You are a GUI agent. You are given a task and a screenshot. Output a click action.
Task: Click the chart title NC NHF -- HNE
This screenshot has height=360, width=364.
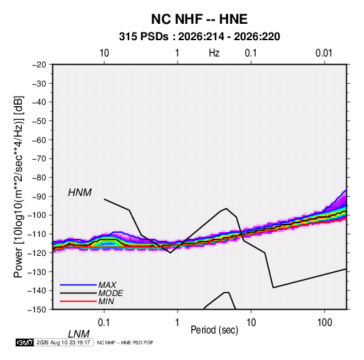pyautogui.click(x=199, y=19)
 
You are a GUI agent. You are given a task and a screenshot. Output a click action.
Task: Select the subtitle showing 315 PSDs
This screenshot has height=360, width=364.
pyautogui.click(x=199, y=37)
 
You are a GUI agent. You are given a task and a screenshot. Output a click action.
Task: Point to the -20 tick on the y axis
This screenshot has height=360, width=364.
pyautogui.click(x=39, y=65)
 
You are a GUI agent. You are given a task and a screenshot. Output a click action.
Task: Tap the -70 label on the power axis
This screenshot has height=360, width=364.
pyautogui.click(x=39, y=159)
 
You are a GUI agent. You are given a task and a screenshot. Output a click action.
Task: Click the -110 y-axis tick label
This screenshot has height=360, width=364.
pyautogui.click(x=37, y=234)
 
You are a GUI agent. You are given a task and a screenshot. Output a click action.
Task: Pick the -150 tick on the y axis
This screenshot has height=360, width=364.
pyautogui.click(x=37, y=310)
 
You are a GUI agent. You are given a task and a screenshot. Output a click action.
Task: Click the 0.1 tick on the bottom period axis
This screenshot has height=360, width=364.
pyautogui.click(x=103, y=323)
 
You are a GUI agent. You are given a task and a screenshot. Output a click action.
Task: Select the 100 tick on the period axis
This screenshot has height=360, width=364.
pyautogui.click(x=325, y=323)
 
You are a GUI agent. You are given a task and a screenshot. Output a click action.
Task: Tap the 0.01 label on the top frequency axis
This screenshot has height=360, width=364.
pyautogui.click(x=324, y=53)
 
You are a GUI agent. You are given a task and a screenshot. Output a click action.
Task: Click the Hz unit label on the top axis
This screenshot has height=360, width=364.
pyautogui.click(x=214, y=53)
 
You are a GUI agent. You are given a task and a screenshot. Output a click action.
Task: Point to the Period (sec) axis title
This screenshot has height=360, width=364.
pyautogui.click(x=214, y=330)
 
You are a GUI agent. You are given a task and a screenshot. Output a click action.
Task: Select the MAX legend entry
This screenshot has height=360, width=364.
pyautogui.click(x=107, y=284)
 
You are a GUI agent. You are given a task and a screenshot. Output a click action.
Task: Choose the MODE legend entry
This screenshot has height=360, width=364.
pyautogui.click(x=110, y=293)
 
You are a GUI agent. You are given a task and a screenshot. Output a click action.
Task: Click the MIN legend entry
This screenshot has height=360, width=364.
pyautogui.click(x=106, y=301)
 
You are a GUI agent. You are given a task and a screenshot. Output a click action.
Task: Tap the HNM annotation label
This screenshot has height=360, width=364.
pyautogui.click(x=80, y=193)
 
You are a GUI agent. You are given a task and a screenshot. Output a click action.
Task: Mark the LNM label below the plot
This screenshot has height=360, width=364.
pyautogui.click(x=79, y=334)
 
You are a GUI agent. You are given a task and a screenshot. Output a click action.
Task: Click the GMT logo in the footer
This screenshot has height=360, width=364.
pyautogui.click(x=25, y=342)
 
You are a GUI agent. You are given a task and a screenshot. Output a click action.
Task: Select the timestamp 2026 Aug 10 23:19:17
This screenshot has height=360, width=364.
pyautogui.click(x=63, y=342)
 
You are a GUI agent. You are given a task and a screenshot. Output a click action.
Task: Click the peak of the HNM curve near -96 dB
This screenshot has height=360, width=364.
pyautogui.click(x=226, y=208)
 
